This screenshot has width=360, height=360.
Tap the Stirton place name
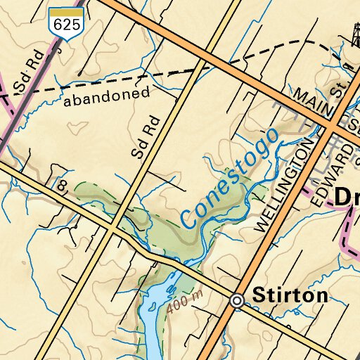tap(290, 296)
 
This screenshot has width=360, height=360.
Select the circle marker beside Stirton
tap(238, 301)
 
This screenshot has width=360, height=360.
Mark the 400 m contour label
tap(185, 302)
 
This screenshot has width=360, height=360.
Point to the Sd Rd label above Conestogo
tap(146, 137)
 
